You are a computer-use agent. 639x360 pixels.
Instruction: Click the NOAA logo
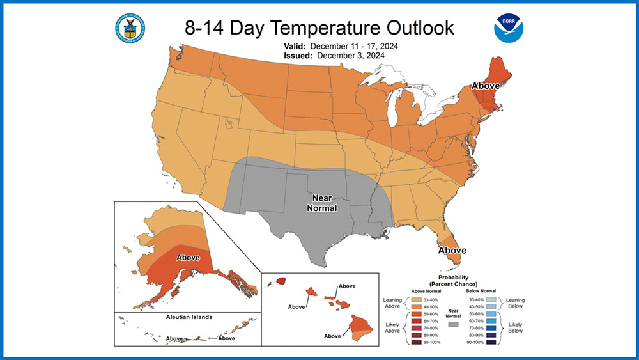click(509, 27)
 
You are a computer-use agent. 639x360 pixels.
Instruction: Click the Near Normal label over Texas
click(319, 203)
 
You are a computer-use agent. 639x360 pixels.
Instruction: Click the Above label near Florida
click(452, 250)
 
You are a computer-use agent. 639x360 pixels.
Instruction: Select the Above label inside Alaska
click(187, 257)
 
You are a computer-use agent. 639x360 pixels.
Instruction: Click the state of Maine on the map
click(496, 70)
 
